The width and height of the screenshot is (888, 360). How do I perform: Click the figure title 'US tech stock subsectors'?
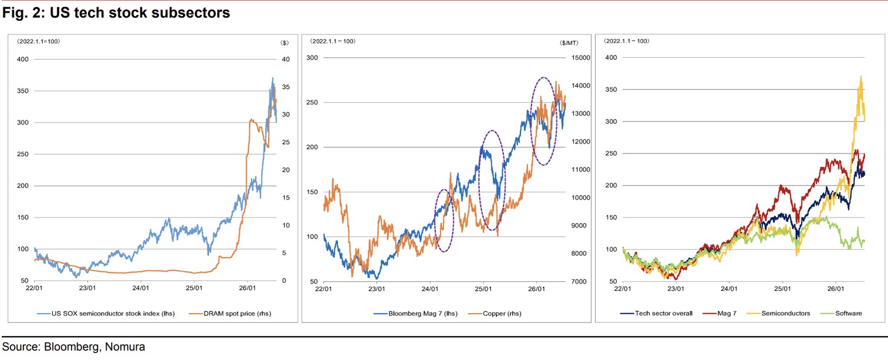[x=140, y=13]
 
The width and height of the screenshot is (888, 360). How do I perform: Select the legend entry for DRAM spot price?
[x=230, y=313]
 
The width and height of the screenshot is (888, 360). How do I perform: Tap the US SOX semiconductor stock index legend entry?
[x=106, y=313]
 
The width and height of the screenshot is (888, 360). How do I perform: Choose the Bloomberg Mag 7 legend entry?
[x=416, y=313]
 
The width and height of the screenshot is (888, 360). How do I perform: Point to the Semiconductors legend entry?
[x=778, y=313]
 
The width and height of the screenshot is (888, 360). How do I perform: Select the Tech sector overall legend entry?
[x=657, y=313]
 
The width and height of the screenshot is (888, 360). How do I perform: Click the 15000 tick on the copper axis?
[x=581, y=58]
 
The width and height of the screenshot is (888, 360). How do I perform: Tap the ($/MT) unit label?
[x=569, y=43]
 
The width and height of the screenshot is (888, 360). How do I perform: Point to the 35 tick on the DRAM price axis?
[x=286, y=87]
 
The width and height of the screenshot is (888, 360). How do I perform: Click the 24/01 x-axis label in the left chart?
[x=141, y=288]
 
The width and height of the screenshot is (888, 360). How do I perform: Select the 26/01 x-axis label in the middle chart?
[x=536, y=288]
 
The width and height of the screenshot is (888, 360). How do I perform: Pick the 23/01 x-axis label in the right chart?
[x=676, y=288]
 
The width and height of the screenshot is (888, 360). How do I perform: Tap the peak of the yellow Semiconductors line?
[x=861, y=76]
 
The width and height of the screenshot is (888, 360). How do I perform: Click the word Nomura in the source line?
[x=125, y=346]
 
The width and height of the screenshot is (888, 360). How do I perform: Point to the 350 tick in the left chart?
[x=23, y=91]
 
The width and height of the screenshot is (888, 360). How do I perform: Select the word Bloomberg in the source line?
[x=72, y=347]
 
